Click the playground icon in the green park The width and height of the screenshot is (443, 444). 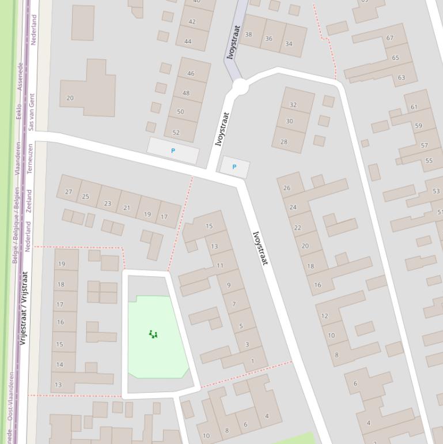point(153,334)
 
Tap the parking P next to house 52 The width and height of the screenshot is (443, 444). point(173,150)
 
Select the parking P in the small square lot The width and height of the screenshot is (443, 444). point(234,167)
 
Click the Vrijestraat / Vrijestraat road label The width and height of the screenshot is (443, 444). point(24,308)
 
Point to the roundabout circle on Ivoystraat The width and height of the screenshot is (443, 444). point(240,87)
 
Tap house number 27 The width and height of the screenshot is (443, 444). point(69,191)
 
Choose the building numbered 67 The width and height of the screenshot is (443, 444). point(390,38)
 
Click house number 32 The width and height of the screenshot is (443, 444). point(293,105)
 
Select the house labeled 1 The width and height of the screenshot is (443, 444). point(252,361)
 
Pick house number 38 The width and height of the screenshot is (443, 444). point(248,35)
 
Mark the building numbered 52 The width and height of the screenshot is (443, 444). point(176,132)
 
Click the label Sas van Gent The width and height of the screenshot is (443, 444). point(32,111)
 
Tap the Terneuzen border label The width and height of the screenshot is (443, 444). point(31,159)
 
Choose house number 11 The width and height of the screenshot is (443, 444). point(219,266)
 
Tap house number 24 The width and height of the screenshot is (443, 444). point(293,207)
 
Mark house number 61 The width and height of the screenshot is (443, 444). point(414,107)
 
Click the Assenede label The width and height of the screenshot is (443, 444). point(20,77)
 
